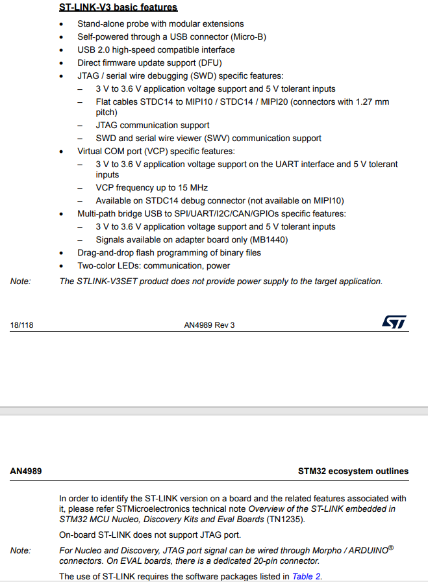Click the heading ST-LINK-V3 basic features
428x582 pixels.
118,7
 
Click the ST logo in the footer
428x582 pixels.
394,323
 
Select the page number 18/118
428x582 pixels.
21,325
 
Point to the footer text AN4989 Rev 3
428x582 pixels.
209,325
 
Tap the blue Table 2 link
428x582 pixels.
307,576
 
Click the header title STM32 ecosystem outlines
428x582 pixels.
353,471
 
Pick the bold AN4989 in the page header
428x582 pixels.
26,471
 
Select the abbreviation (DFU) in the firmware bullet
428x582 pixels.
209,63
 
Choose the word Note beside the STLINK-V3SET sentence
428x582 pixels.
20,282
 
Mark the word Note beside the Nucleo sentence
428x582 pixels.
20,551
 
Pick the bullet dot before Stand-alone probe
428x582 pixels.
62,24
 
